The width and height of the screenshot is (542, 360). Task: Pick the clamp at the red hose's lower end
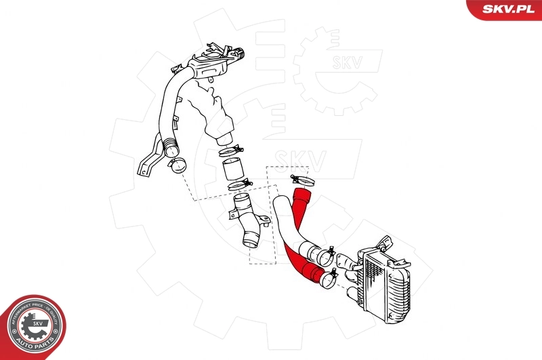(x=330, y=276)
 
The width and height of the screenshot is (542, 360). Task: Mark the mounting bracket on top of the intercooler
(x=384, y=243)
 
